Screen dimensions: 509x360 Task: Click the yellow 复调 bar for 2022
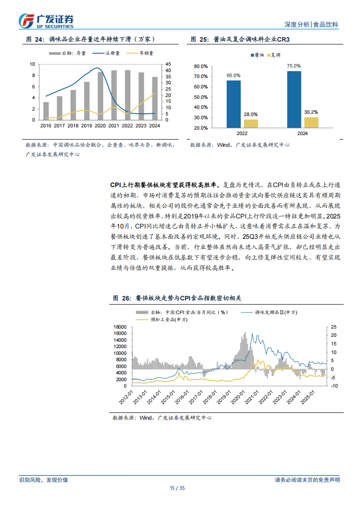[251, 123]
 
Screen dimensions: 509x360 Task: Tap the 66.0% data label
[234, 75]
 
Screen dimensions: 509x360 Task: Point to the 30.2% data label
[311, 111]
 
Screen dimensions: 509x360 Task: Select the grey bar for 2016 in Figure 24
[46, 111]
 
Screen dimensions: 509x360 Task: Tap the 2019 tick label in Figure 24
[86, 126]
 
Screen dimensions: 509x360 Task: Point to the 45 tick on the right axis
[169, 64]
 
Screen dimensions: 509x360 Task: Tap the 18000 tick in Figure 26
[120, 327]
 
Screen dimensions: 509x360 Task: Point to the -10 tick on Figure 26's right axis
[333, 386]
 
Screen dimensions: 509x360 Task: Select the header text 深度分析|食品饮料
[311, 24]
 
